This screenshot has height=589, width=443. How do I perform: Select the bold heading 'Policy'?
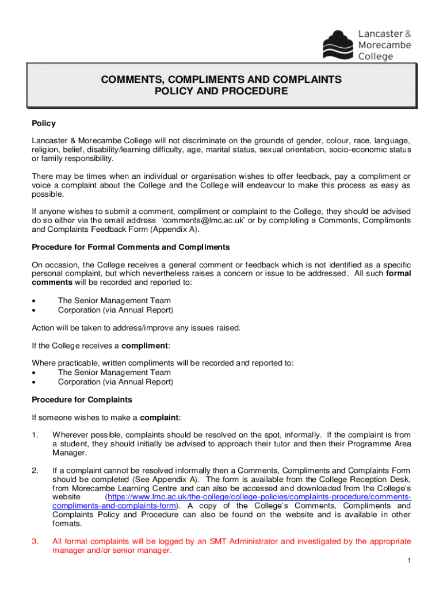pyautogui.click(x=44, y=124)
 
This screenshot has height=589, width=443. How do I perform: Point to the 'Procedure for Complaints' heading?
pyautogui.click(x=82, y=400)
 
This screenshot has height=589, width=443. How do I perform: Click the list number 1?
pyautogui.click(x=35, y=435)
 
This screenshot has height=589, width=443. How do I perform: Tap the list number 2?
pyautogui.click(x=35, y=471)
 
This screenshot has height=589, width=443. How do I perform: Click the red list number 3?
pyautogui.click(x=35, y=541)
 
